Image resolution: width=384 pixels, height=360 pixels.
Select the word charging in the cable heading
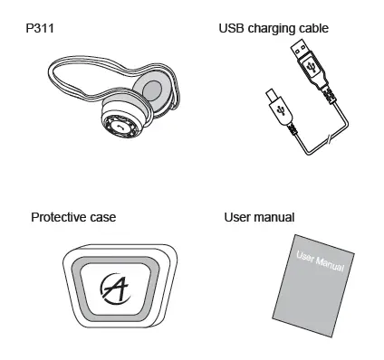coord(275,29)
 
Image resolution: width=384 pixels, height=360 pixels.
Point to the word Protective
coord(61,217)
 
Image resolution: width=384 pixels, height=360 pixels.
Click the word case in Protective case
coord(103,217)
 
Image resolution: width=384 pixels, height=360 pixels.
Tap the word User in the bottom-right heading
coord(237,217)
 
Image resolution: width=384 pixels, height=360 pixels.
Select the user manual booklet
coord(312,285)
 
